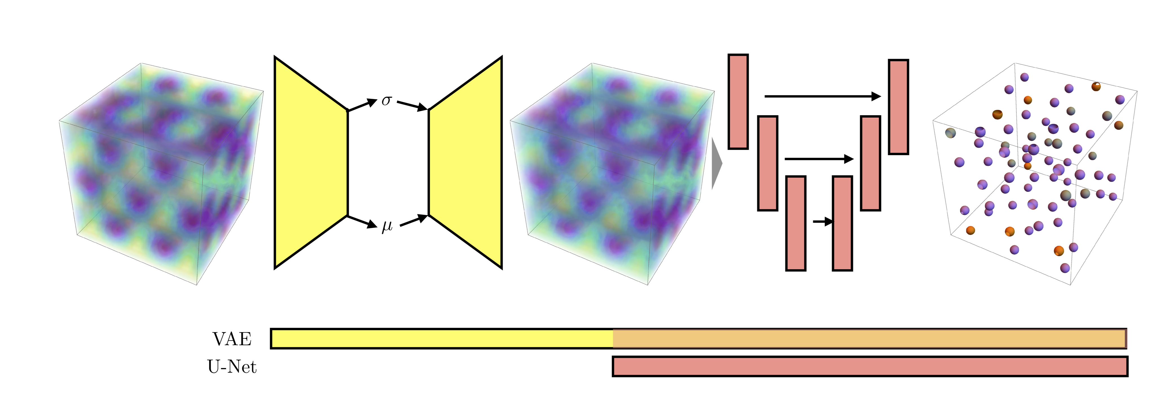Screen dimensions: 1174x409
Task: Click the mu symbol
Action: coord(387,226)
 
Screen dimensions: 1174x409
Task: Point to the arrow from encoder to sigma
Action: coord(363,104)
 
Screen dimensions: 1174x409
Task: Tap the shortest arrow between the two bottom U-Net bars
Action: coord(823,222)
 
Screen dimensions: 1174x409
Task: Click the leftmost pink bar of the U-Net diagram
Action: coord(738,102)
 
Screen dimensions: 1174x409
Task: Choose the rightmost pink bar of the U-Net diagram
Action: coord(898,107)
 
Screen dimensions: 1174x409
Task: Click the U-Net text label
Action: coord(232,367)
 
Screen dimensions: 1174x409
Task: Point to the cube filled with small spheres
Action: coord(1035,173)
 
